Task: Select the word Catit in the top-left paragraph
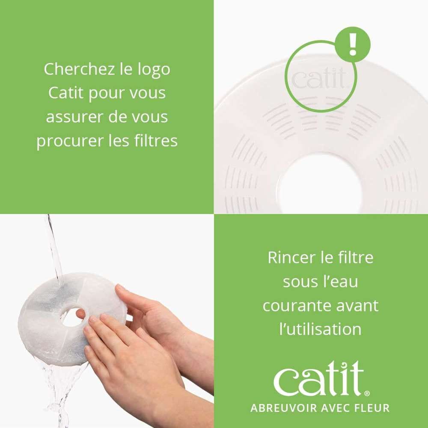click(66, 93)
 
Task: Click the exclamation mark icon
click(353, 45)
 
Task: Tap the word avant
click(357, 306)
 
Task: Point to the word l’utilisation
click(321, 329)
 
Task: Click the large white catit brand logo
click(318, 378)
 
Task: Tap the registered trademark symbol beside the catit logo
click(367, 393)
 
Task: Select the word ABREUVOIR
click(284, 408)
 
